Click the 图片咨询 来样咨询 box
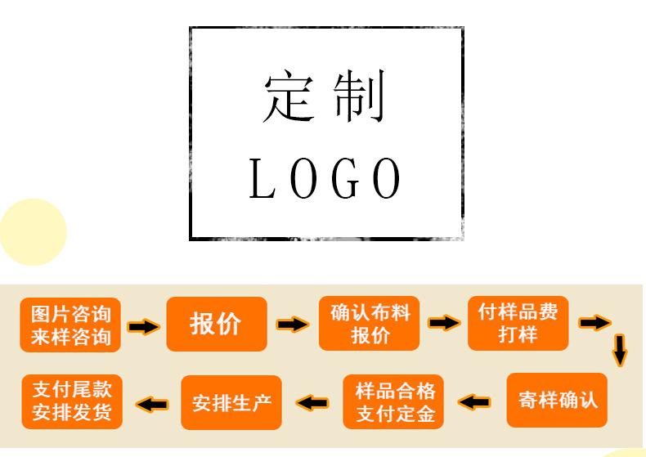(70, 325)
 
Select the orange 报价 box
(217, 324)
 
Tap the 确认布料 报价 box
(369, 323)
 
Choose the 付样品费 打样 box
(518, 323)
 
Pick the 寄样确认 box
(557, 400)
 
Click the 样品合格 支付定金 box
(395, 401)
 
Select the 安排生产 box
(231, 402)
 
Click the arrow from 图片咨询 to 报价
(144, 326)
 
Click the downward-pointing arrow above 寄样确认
(620, 349)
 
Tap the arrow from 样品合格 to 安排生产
(312, 401)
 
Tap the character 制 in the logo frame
(361, 97)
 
